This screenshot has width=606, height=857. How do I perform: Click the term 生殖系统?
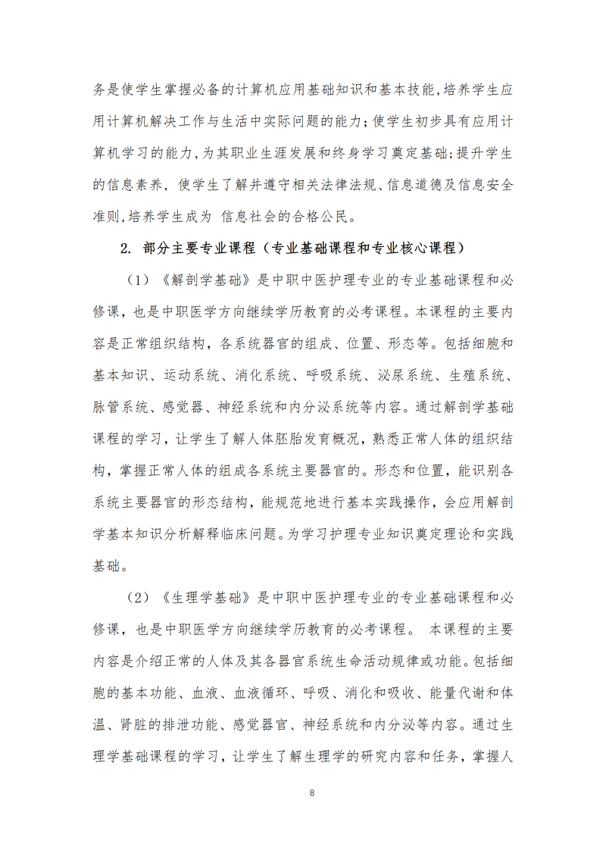pyautogui.click(x=481, y=375)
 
